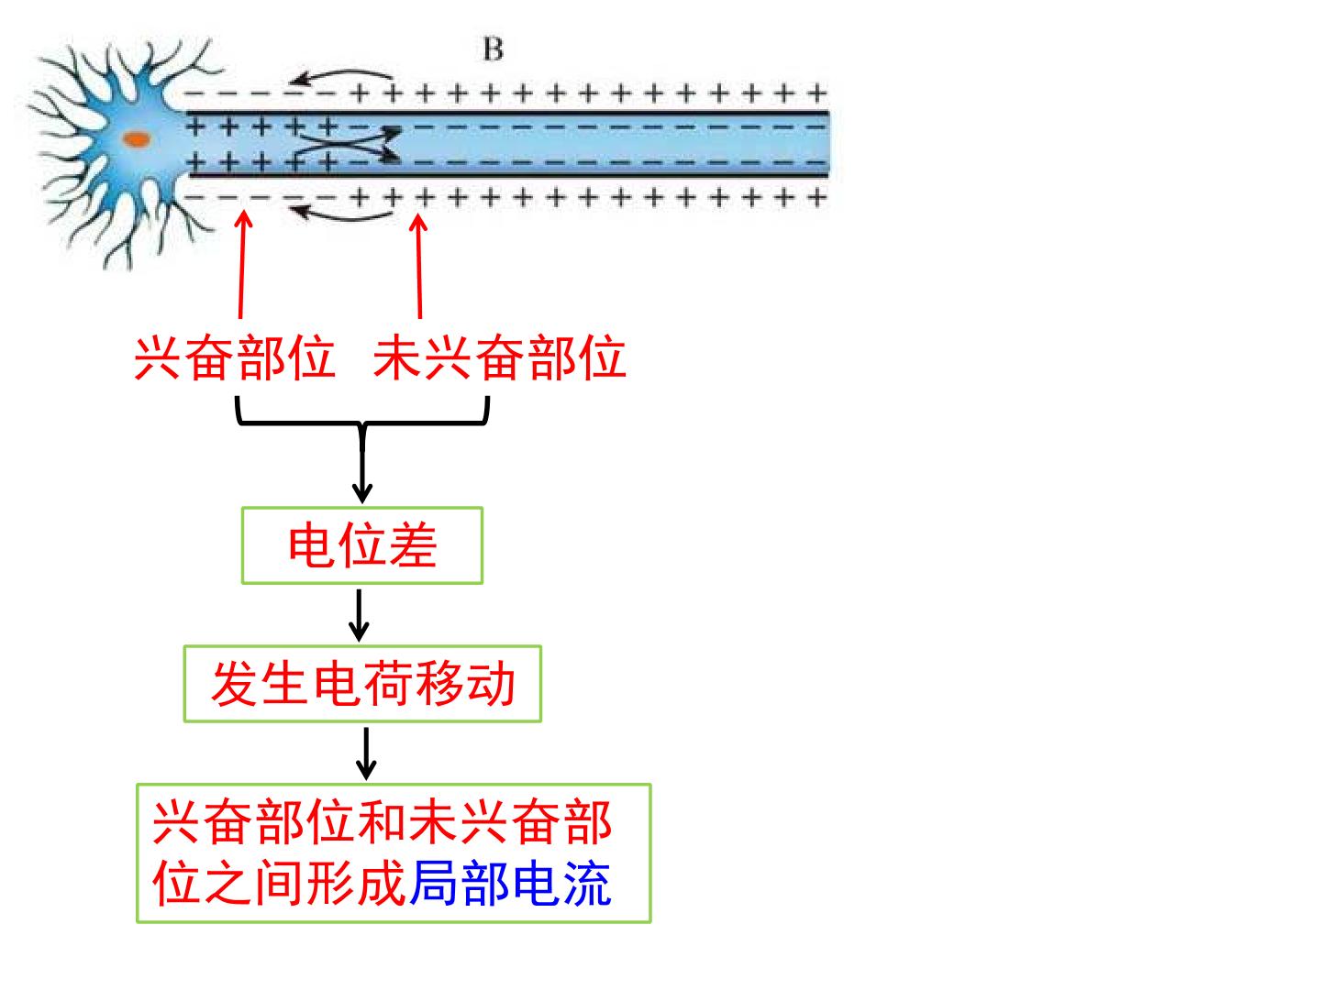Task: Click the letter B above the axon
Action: tap(493, 49)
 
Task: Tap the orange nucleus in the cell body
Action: tap(137, 139)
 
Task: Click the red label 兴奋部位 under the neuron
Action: tap(235, 358)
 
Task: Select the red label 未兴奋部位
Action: tap(500, 358)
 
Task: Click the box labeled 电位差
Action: tap(362, 545)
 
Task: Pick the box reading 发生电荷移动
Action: tap(362, 684)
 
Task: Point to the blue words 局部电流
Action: tap(510, 884)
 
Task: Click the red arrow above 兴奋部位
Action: tap(242, 264)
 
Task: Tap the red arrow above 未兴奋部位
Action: tap(419, 266)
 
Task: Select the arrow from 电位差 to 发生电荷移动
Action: tap(359, 615)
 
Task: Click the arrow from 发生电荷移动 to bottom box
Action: tap(366, 753)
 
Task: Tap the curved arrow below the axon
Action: tap(340, 214)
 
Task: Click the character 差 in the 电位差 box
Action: tap(413, 545)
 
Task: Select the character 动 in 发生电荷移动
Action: tap(491, 684)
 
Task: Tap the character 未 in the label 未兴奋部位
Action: tap(396, 358)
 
